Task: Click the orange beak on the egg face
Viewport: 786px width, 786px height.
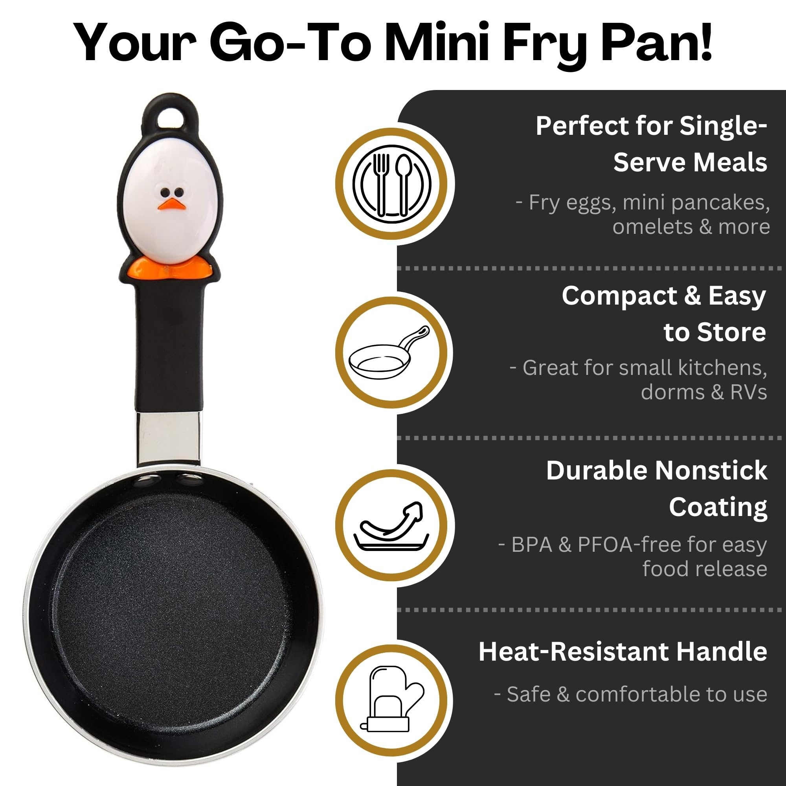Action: (x=172, y=204)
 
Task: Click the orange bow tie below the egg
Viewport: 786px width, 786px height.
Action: (x=170, y=268)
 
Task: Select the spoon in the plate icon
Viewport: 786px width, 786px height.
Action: (x=404, y=184)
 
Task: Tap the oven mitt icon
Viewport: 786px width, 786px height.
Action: (x=391, y=699)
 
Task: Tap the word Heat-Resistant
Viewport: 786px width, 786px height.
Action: (x=574, y=651)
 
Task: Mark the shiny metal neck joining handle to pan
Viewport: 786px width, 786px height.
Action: (x=168, y=439)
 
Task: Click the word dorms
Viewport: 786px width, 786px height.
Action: (x=673, y=392)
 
